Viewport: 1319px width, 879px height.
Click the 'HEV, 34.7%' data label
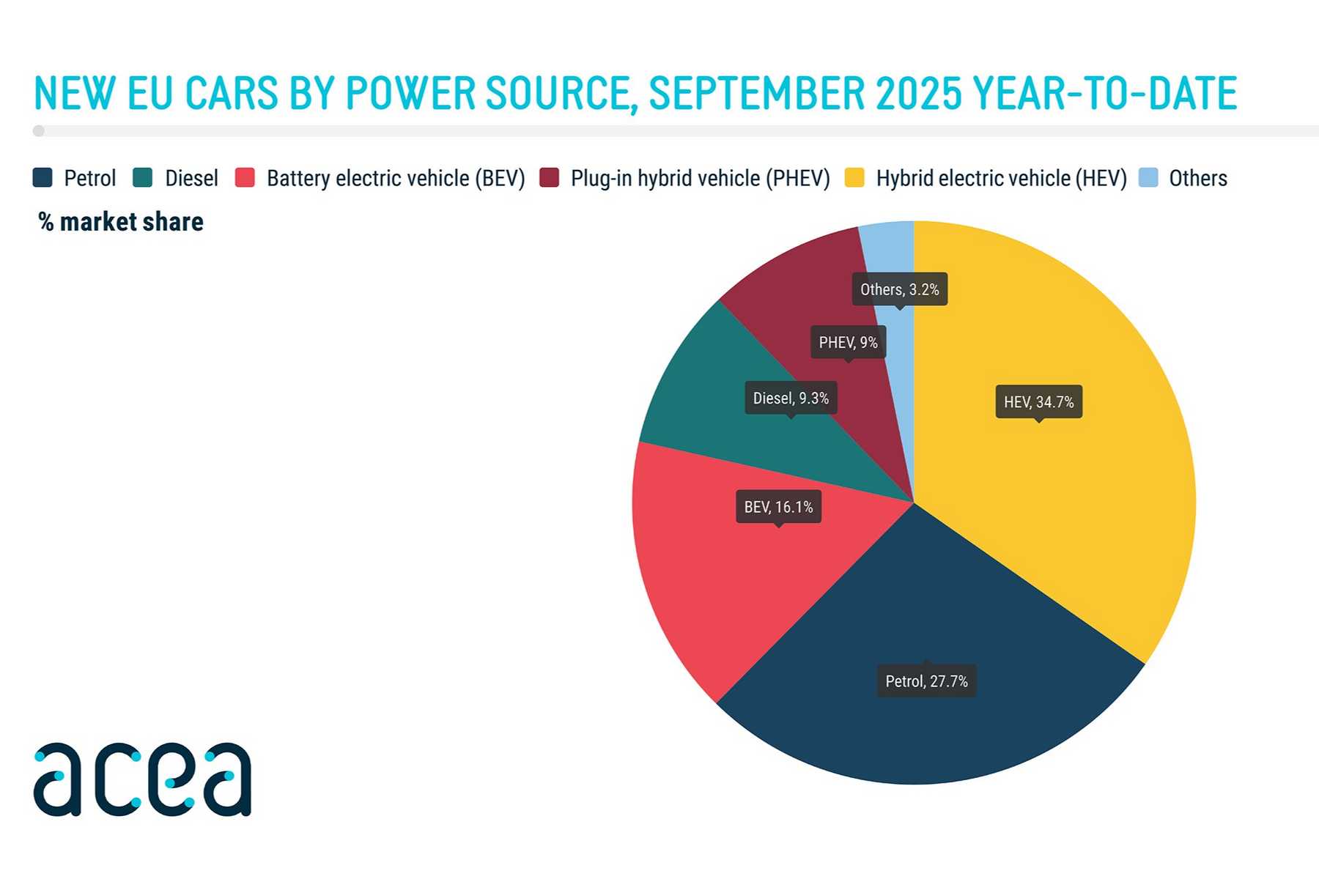(x=1038, y=402)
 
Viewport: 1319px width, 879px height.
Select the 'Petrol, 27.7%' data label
(x=926, y=681)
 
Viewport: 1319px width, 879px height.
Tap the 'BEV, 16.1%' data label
(x=778, y=507)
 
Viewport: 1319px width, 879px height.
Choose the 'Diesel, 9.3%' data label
(x=791, y=398)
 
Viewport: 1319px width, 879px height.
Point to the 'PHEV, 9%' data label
(x=848, y=343)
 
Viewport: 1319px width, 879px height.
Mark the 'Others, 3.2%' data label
(x=899, y=289)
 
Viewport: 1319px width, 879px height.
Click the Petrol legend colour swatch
(x=43, y=178)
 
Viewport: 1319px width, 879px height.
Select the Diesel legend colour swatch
(x=143, y=178)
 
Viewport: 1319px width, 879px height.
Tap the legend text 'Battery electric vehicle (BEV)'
(x=396, y=178)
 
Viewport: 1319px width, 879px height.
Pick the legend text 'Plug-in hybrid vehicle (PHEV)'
(x=700, y=178)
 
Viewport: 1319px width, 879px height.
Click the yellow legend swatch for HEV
(x=854, y=178)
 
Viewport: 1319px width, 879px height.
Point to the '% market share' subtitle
(x=121, y=222)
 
